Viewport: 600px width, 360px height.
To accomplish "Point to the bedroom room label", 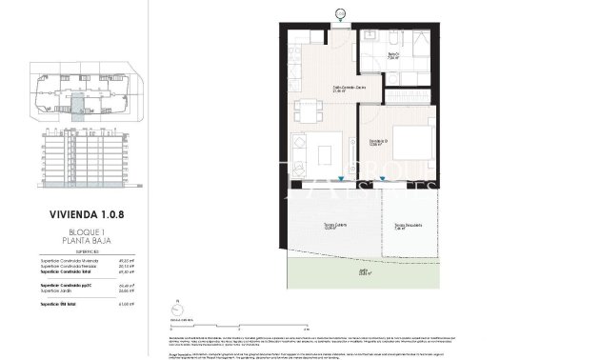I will pos(380,144).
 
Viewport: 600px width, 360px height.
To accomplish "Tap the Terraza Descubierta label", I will pos(408,226).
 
